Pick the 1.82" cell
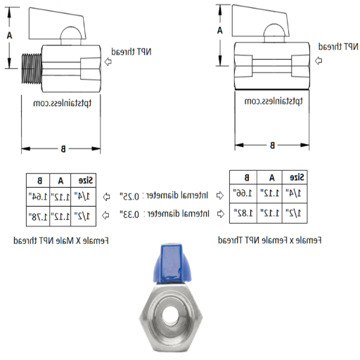[x=245, y=212]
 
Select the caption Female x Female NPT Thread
[x=270, y=240]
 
